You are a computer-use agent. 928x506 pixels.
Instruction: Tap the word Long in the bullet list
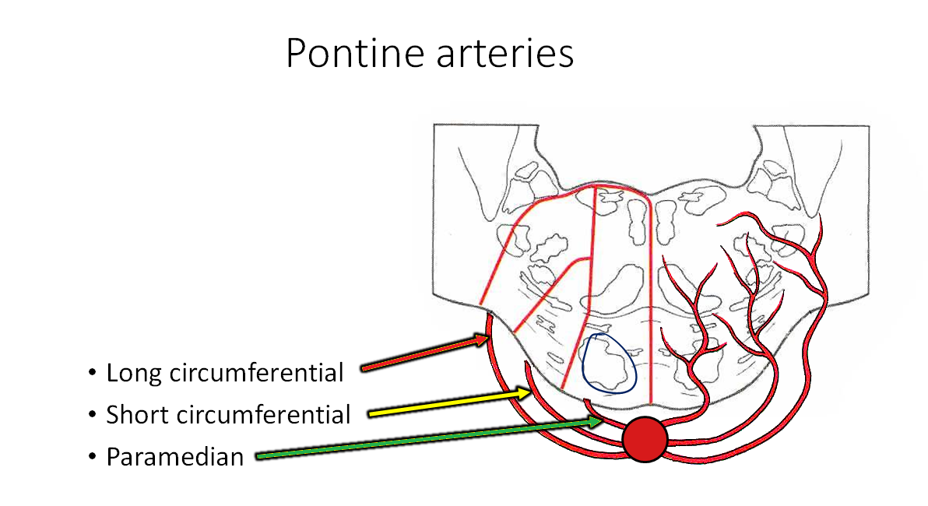[x=134, y=374]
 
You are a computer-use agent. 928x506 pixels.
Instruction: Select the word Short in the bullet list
[x=138, y=415]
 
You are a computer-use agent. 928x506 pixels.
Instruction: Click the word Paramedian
[x=175, y=456]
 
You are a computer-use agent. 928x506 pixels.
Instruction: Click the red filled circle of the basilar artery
[x=645, y=439]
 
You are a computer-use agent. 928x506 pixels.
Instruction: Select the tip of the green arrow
[x=603, y=420]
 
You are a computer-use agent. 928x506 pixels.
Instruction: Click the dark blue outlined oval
[x=610, y=363]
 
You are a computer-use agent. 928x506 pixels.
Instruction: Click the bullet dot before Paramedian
[x=93, y=457]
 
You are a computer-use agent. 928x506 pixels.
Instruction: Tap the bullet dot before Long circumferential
[x=93, y=374]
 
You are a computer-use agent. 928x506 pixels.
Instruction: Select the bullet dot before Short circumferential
[x=93, y=416]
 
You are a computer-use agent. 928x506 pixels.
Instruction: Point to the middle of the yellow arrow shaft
[x=448, y=403]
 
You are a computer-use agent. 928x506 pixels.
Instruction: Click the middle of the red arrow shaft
[x=424, y=353]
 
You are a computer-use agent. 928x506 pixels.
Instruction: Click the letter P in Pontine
[x=296, y=53]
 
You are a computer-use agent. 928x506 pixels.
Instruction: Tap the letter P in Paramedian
[x=113, y=456]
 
